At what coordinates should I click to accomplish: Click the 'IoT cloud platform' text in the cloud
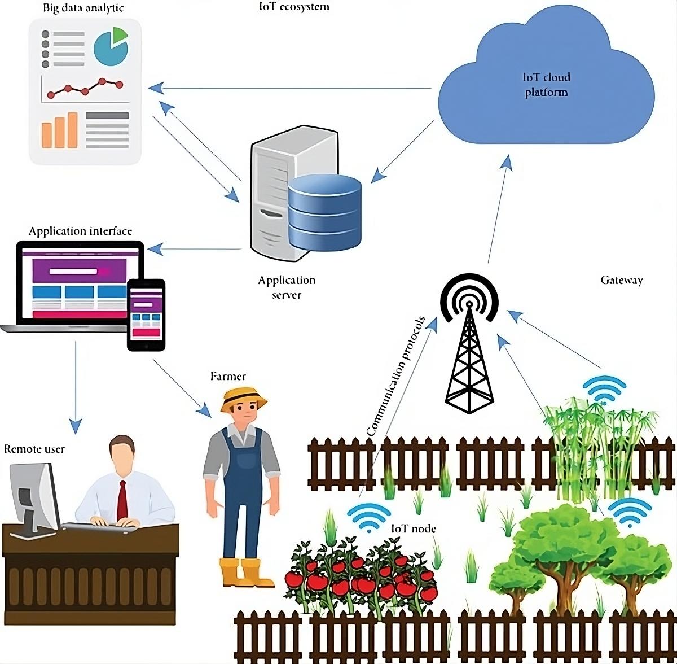click(546, 85)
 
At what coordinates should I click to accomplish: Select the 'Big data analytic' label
click(83, 8)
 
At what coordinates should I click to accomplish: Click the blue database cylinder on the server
click(324, 213)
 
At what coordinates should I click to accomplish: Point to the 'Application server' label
click(287, 287)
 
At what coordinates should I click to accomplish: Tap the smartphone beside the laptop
click(146, 315)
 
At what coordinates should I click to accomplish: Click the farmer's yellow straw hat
click(244, 399)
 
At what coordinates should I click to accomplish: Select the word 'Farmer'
click(228, 376)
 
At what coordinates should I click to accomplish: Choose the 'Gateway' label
click(622, 280)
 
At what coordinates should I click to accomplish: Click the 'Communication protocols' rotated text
click(395, 376)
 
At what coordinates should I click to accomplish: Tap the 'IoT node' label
click(414, 528)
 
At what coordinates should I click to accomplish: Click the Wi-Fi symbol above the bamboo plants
click(604, 390)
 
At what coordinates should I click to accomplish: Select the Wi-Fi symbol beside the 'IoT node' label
click(369, 517)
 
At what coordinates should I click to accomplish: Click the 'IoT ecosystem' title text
click(294, 6)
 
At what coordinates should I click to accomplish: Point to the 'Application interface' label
click(80, 231)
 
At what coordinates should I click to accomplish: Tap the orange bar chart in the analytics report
click(59, 130)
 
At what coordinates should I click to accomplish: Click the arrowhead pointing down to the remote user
click(76, 426)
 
